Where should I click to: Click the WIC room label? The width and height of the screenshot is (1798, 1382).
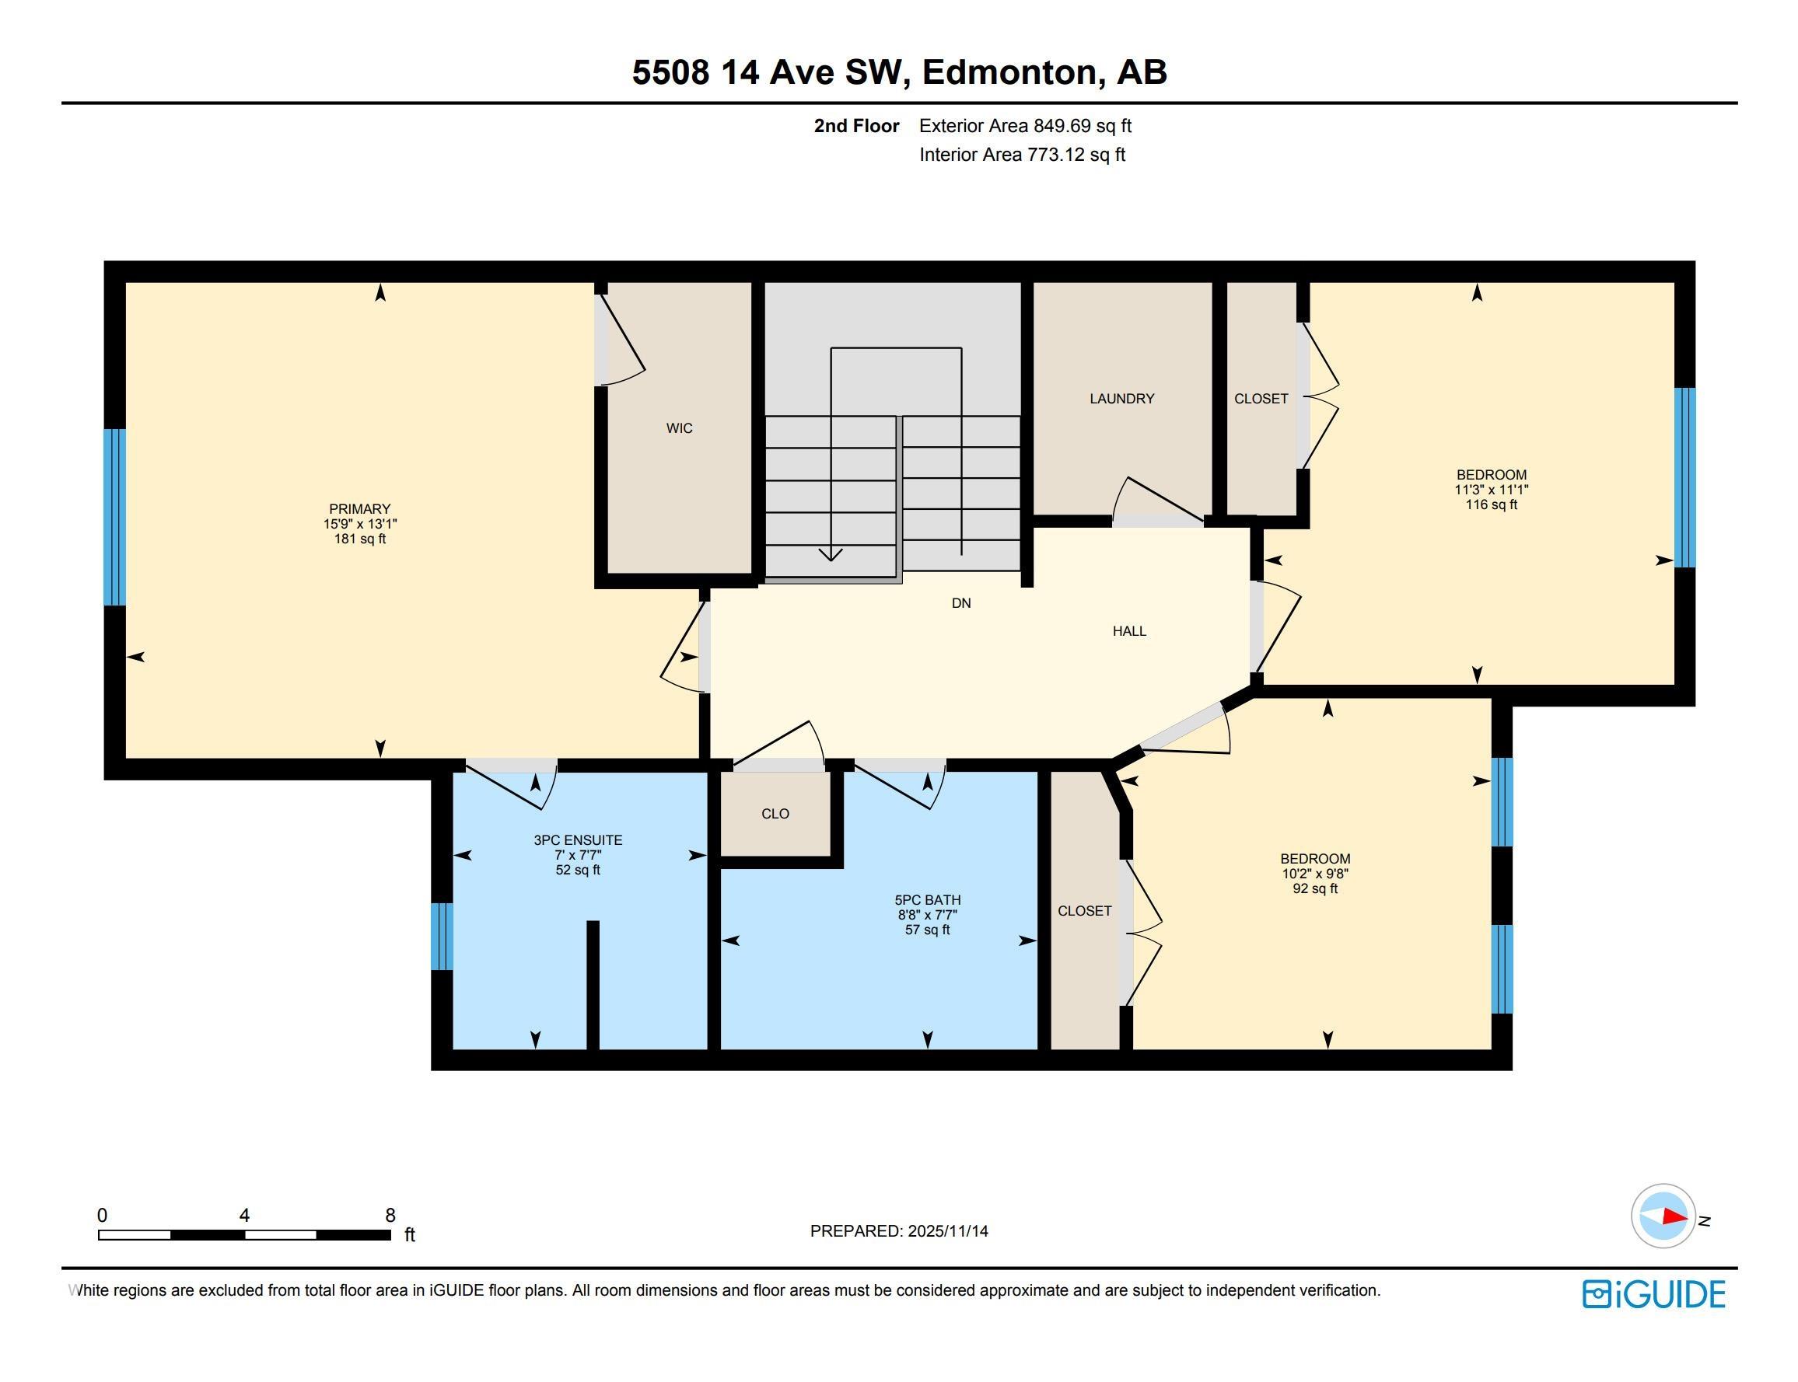(679, 428)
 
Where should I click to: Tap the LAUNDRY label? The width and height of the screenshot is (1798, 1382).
(1121, 398)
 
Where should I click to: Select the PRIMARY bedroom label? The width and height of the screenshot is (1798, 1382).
(359, 508)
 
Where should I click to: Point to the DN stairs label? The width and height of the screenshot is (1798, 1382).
(961, 603)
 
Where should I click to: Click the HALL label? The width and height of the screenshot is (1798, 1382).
(1129, 631)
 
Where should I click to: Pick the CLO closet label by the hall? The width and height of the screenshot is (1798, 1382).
(775, 814)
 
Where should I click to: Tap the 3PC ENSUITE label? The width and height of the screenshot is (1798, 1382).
(578, 840)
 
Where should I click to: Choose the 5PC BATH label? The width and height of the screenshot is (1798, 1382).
(928, 900)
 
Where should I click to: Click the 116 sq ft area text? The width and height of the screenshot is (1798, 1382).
(1491, 504)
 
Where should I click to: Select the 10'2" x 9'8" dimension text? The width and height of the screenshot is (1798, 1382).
(1315, 874)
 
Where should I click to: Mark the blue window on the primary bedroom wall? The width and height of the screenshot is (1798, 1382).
(114, 517)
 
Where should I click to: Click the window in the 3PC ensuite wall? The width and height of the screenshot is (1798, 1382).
(442, 936)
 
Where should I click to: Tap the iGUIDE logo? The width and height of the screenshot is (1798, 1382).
(1653, 1294)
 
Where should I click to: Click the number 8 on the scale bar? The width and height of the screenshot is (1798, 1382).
(390, 1215)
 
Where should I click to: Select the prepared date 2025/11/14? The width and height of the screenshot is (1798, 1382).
(948, 1230)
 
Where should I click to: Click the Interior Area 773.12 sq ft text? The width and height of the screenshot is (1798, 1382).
(1022, 155)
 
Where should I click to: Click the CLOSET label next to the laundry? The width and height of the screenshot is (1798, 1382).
(1261, 398)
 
